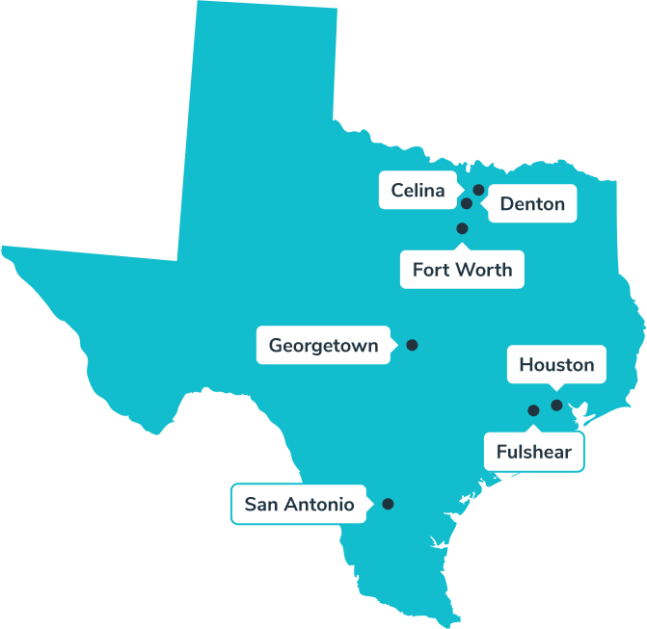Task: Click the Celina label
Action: tap(418, 191)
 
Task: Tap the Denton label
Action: tap(532, 204)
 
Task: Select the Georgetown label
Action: tap(323, 345)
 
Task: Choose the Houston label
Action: tap(556, 365)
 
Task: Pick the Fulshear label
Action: tap(533, 452)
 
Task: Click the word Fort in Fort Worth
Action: tap(430, 270)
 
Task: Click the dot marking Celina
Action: tap(478, 190)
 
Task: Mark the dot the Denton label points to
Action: tap(467, 203)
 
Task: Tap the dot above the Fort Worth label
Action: tap(462, 228)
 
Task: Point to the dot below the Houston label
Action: tap(556, 405)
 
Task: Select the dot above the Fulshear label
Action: tap(533, 410)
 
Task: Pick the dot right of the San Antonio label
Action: tap(388, 504)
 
